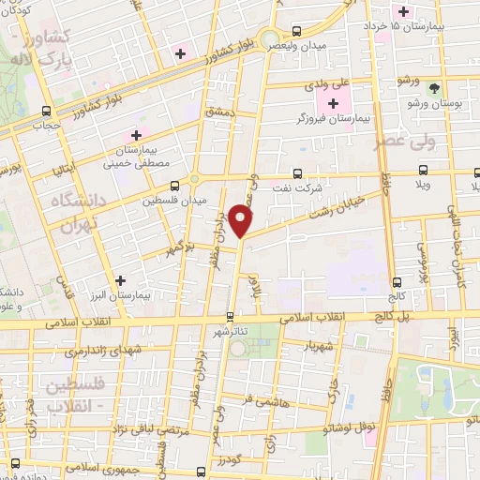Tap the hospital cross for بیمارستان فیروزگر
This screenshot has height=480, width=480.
pos(334,101)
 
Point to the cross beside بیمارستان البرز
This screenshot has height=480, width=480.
pos(120,279)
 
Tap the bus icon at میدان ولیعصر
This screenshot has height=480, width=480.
pos(297,30)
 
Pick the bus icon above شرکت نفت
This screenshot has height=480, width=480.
pos(298,172)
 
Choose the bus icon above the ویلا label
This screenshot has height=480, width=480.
pos(424,172)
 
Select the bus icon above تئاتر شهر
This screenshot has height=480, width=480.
pos(231,316)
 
